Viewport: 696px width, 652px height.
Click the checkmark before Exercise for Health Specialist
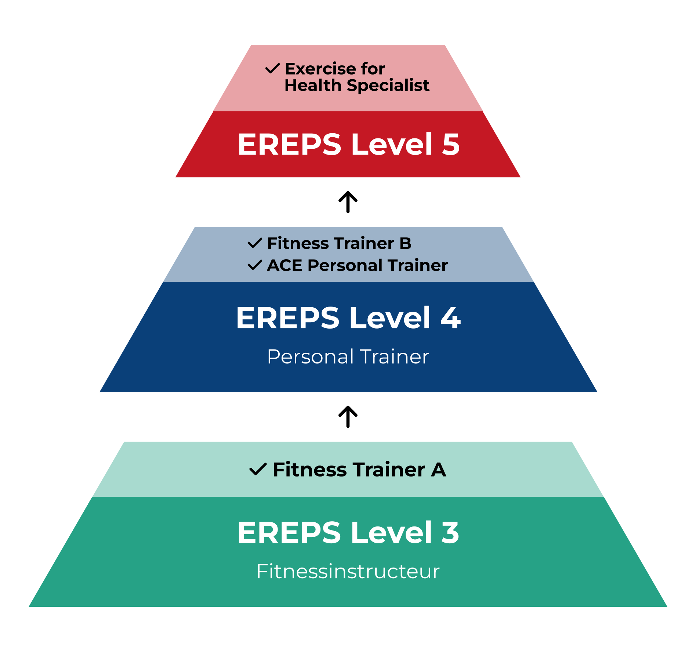pyautogui.click(x=272, y=68)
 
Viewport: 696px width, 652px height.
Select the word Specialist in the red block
pyautogui.click(x=388, y=86)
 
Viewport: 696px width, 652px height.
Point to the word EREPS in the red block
pyautogui.click(x=290, y=144)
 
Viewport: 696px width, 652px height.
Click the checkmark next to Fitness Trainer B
pyautogui.click(x=255, y=243)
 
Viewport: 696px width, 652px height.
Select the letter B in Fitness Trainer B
pyautogui.click(x=405, y=243)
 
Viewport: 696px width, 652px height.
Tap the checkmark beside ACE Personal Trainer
pyautogui.click(x=255, y=265)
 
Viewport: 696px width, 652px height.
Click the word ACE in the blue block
pyautogui.click(x=284, y=265)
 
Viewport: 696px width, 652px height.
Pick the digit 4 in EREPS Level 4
pyautogui.click(x=450, y=318)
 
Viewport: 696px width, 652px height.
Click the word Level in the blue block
pyautogui.click(x=390, y=318)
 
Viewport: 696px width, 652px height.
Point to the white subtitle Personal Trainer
pyautogui.click(x=348, y=356)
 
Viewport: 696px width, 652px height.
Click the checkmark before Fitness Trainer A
pyautogui.click(x=258, y=469)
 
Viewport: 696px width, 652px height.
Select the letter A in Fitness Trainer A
pyautogui.click(x=438, y=470)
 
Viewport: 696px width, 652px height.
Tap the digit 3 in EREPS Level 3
pyautogui.click(x=450, y=533)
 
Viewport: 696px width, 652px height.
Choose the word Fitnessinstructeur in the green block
pyautogui.click(x=348, y=572)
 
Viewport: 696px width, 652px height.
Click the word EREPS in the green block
pyautogui.click(x=289, y=533)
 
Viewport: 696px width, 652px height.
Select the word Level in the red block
pyautogui.click(x=392, y=144)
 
